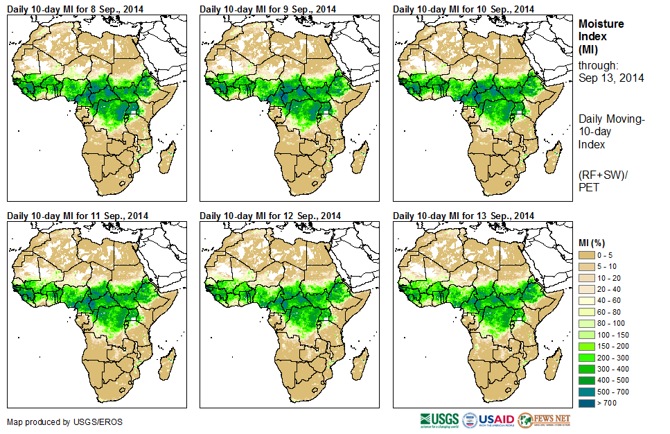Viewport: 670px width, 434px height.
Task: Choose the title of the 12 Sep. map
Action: [x=270, y=216]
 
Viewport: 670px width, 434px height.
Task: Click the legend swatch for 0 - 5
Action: [x=587, y=256]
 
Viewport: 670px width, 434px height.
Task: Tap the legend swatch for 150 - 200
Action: [x=587, y=345]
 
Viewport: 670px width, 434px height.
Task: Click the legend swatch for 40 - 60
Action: [x=587, y=301]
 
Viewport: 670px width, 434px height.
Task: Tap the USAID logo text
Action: [x=496, y=420]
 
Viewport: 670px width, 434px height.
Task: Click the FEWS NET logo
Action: [x=544, y=420]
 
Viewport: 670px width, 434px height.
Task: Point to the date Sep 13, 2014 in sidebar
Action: [x=611, y=78]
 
